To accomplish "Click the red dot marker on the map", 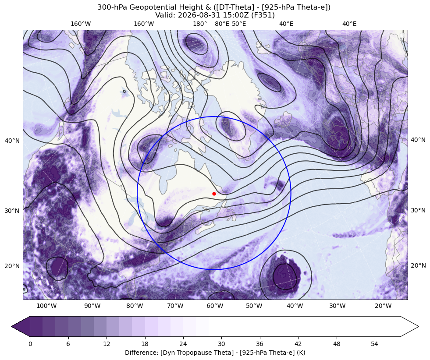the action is coord(214,194).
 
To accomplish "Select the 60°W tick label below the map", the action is coord(215,306).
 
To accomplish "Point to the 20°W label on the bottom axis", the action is coord(383,306).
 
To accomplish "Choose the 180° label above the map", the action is coord(200,24).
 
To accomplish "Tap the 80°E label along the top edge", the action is coord(222,24).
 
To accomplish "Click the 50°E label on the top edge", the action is coord(239,24).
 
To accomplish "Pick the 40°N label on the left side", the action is coord(12,141).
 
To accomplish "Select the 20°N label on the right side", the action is coord(418,265).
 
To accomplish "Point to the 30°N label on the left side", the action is coord(12,211).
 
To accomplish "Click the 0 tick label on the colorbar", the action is coord(30,344).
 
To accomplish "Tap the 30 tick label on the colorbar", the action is coord(221,344).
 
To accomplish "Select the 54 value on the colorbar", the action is coord(375,344).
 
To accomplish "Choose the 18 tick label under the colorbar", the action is coord(145,344).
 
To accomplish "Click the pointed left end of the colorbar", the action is coord(12,326).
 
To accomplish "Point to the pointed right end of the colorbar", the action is coord(418,326).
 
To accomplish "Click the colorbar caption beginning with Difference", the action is coord(215,353).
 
